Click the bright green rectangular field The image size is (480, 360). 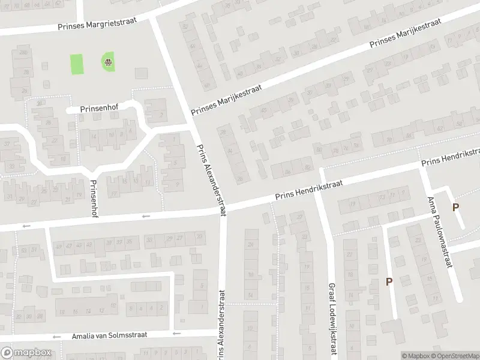click(77, 64)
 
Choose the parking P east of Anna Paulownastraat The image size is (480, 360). click(456, 208)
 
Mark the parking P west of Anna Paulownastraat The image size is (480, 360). click(389, 281)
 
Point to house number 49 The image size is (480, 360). click(58, 245)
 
